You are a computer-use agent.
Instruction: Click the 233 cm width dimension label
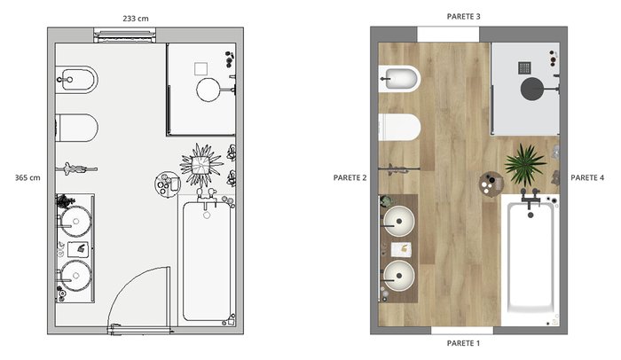pos(136,19)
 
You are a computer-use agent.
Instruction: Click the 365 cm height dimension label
pos(28,178)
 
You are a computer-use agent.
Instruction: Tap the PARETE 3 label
pos(463,17)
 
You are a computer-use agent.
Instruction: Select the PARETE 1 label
pos(463,343)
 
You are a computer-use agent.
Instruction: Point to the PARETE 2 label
pos(350,178)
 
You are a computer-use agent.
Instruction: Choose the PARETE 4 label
pos(587,178)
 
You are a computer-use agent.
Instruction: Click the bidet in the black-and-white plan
pos(77,80)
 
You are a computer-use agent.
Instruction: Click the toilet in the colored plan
pos(399,128)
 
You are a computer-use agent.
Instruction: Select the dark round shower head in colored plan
pos(531,89)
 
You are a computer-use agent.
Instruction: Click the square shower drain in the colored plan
pos(525,67)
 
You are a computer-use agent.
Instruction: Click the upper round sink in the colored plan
pos(399,222)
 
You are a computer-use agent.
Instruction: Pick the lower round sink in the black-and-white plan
pos(75,276)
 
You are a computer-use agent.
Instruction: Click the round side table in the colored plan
pos(491,184)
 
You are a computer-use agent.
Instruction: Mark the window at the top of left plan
pos(125,35)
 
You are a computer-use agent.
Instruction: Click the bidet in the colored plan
pos(399,79)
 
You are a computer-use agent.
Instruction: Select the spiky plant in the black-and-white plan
pos(201,165)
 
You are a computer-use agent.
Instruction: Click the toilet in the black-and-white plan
pos(77,128)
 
